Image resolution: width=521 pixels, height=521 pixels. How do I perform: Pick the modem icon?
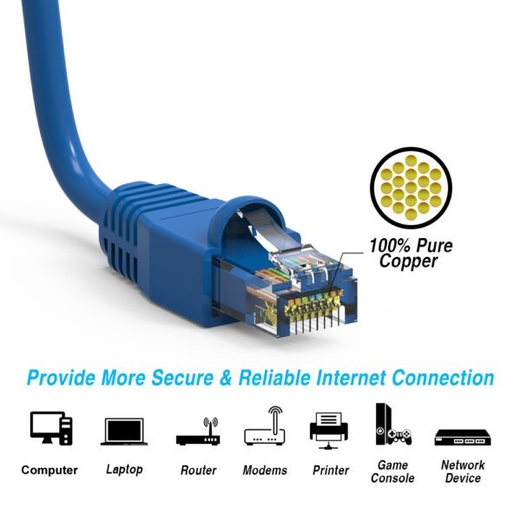tap(265, 426)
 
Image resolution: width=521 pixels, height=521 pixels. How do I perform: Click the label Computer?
tap(49, 471)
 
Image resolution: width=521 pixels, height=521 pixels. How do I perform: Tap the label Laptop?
tap(124, 470)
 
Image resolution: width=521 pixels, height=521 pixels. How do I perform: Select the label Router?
tap(198, 471)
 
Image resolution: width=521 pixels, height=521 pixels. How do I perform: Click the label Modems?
tap(265, 471)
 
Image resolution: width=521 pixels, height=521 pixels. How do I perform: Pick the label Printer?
tap(330, 471)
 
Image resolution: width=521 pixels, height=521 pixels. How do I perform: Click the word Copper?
tap(409, 261)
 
